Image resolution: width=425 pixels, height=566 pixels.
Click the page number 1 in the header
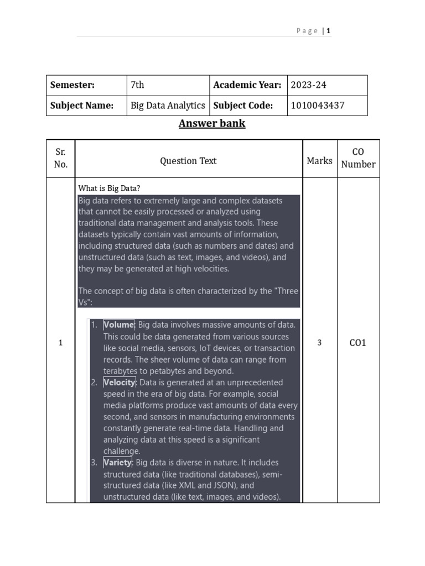328,31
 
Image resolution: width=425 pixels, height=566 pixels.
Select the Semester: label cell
72,85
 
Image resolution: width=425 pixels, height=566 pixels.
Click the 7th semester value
137,85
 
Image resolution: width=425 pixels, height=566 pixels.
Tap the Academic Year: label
247,85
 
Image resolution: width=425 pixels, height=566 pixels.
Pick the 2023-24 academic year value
309,85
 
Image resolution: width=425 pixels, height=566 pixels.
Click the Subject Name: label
82,106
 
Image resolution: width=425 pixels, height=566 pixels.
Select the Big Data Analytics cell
168,106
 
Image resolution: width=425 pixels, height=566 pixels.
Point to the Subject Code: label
243,106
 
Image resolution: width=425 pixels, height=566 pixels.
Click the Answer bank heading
212,123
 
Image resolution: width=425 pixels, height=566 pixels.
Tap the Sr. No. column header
61,158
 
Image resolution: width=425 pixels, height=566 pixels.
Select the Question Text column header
188,161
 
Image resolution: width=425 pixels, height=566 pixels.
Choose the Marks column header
319,161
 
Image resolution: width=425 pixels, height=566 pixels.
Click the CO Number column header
358,158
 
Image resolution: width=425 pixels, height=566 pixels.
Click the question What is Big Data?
113,188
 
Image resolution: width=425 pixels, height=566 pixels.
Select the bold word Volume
118,325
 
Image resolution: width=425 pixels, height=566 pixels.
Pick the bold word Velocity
119,382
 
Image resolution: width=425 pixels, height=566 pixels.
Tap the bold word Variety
117,463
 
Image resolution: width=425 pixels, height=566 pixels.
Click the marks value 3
319,343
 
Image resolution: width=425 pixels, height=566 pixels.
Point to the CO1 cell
358,343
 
